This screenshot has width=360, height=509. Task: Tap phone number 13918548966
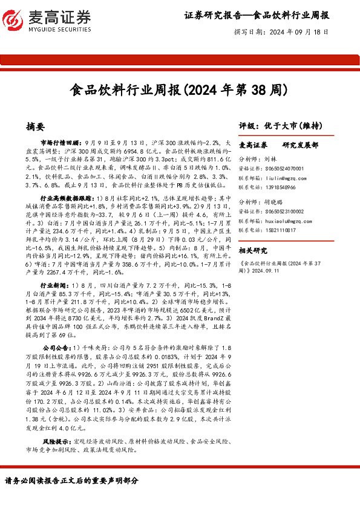283,187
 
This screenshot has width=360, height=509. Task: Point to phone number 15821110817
283,230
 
